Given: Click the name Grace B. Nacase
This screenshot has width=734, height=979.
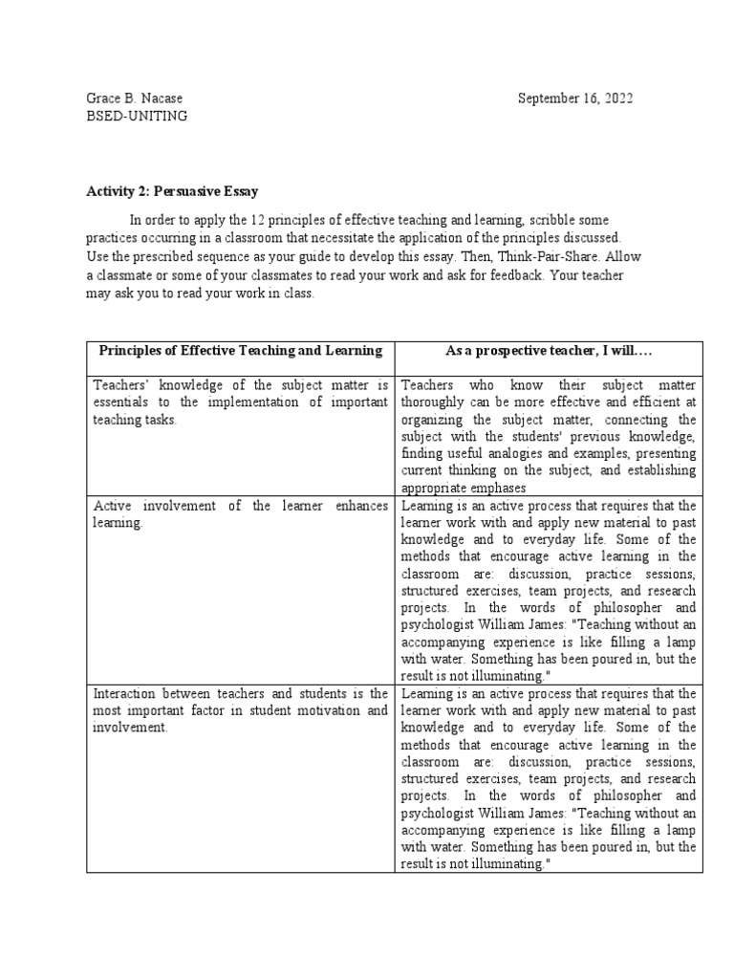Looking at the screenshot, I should (x=134, y=98).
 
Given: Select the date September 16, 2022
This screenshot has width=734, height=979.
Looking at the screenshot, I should (x=575, y=98).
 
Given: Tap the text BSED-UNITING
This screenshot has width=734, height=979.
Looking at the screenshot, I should (x=137, y=116).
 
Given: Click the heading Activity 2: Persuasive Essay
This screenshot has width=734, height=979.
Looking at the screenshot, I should (x=172, y=191).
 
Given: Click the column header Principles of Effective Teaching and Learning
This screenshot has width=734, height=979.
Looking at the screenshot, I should (x=240, y=351).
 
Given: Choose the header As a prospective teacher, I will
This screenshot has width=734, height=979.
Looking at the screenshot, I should (x=549, y=351).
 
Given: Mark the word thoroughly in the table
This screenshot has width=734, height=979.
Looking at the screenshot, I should (x=439, y=402).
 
